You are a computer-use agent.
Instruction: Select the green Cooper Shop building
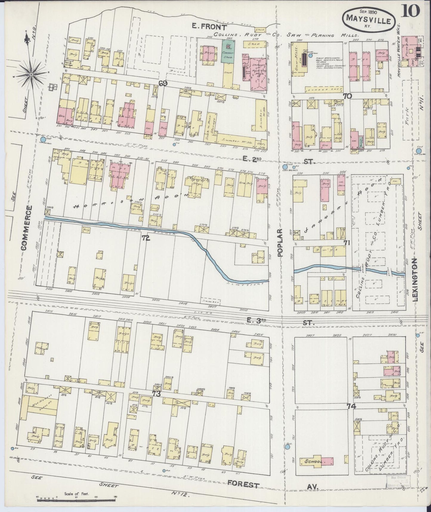tap(228, 51)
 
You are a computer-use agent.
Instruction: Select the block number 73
tap(156, 394)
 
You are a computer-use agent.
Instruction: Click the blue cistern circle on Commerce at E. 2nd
tap(43, 140)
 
